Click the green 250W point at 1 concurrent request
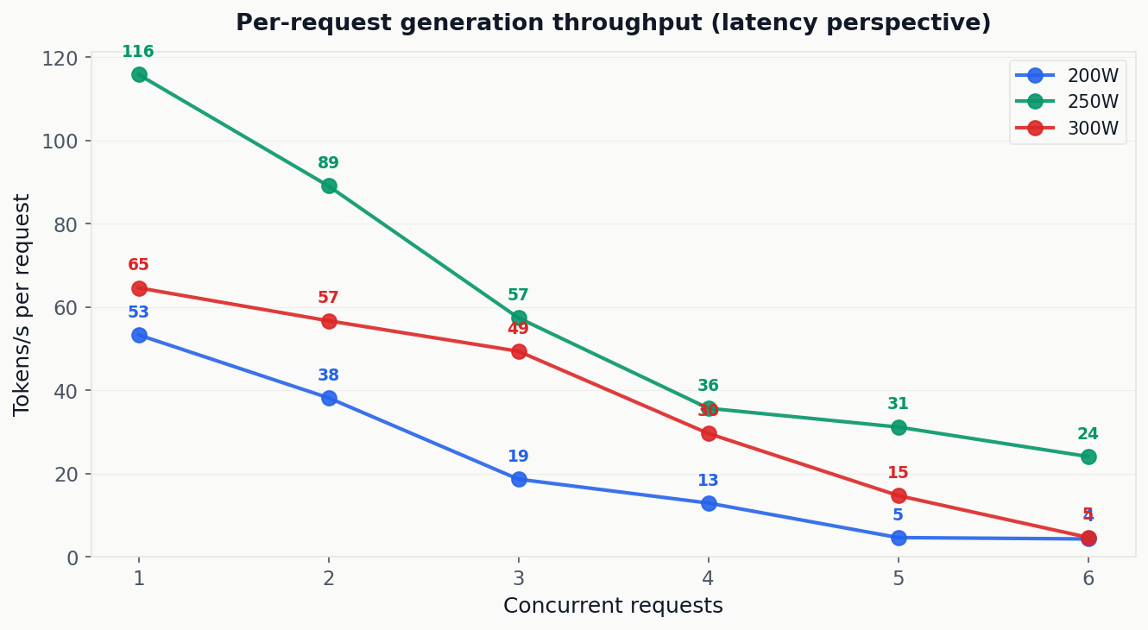[139, 74]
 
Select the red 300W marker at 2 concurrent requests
[329, 321]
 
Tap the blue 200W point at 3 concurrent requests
[519, 479]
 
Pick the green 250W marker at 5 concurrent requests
[899, 427]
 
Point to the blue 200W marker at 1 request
[139, 335]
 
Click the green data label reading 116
[138, 52]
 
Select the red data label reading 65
[138, 265]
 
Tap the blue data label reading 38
[328, 375]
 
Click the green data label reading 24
[1088, 434]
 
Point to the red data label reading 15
[898, 473]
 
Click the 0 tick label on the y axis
[72, 558]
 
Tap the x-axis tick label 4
[709, 578]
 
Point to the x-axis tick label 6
[1088, 578]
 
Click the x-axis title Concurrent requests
[613, 606]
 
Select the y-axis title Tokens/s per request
[22, 305]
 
